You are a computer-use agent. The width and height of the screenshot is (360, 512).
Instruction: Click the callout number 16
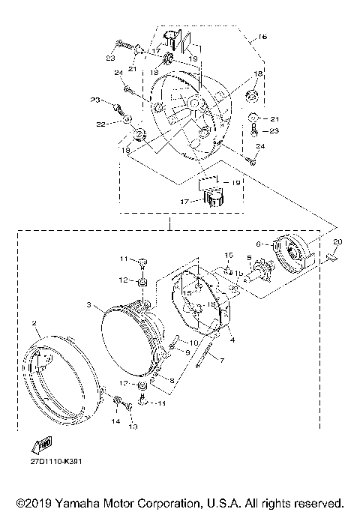pyautogui.click(x=262, y=36)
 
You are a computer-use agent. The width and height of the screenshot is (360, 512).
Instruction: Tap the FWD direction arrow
pyautogui.click(x=42, y=444)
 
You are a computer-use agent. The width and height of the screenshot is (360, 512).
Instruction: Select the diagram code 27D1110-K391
pyautogui.click(x=56, y=461)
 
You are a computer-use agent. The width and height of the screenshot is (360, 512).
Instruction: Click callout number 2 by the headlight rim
pyautogui.click(x=34, y=323)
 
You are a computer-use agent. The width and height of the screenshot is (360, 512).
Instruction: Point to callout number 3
pyautogui.click(x=88, y=304)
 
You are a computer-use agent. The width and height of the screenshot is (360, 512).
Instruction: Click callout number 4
pyautogui.click(x=232, y=340)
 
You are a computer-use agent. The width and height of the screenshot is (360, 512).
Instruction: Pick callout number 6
pyautogui.click(x=259, y=244)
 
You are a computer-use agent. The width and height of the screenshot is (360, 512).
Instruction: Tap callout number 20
pyautogui.click(x=337, y=241)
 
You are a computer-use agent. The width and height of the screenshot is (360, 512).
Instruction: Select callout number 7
pyautogui.click(x=222, y=360)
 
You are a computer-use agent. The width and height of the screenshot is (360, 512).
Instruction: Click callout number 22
pyautogui.click(x=100, y=124)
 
